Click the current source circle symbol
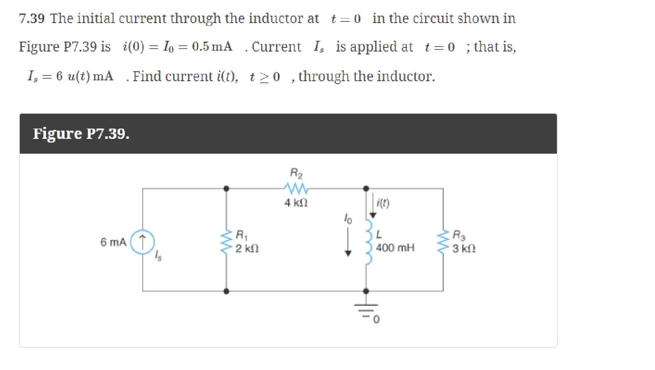click(x=142, y=241)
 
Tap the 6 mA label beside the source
click(x=113, y=242)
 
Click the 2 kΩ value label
click(x=247, y=248)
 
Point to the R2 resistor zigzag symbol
click(x=296, y=188)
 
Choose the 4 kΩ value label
click(x=296, y=203)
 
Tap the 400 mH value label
click(x=395, y=248)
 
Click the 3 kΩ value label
click(x=464, y=248)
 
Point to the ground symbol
click(x=366, y=309)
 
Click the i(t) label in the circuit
click(x=383, y=203)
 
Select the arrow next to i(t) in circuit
click(x=373, y=206)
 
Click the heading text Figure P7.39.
click(x=81, y=133)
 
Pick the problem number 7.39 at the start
click(x=31, y=19)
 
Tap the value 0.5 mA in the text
click(x=212, y=47)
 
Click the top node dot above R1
click(x=226, y=189)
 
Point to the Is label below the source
click(x=158, y=256)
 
